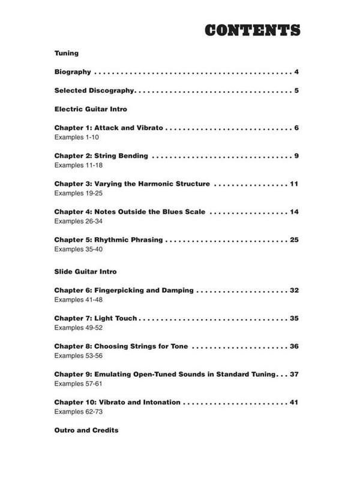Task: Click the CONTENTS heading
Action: [251, 31]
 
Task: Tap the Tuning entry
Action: [67, 53]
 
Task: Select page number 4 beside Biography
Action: [296, 72]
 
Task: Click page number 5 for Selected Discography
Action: [296, 91]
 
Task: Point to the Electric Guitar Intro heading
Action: [90, 110]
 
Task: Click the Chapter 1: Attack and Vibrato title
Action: [109, 128]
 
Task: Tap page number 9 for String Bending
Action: [296, 156]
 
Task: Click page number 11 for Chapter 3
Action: [294, 184]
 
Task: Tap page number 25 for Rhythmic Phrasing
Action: [294, 239]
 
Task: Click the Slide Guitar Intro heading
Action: [85, 272]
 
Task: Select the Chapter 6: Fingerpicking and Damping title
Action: [124, 290]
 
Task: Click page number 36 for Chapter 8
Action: [294, 346]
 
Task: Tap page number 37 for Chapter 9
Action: [294, 374]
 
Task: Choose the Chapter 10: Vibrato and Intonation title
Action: [117, 402]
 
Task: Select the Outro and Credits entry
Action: [86, 430]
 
